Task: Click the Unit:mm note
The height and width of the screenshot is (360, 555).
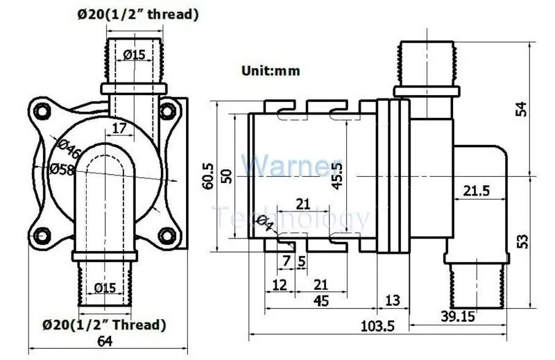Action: coord(271,71)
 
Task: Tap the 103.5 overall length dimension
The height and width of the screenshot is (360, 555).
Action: coord(377,326)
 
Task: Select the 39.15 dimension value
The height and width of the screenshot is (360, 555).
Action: coord(457,316)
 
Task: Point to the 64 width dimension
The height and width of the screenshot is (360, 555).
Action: coord(105,341)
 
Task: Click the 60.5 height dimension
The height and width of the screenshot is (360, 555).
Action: coord(209,176)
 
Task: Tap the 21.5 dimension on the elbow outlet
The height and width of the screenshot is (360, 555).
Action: coord(477,191)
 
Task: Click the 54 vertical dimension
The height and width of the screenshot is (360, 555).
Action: coord(522,109)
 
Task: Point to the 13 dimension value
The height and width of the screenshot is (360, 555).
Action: coord(392,300)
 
